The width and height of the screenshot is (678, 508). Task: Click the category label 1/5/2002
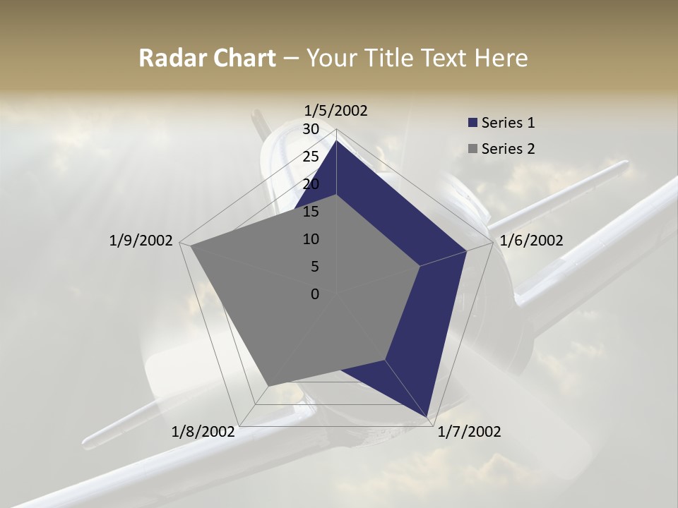click(336, 110)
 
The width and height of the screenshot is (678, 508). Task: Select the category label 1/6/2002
click(531, 241)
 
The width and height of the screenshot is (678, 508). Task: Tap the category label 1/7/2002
click(469, 431)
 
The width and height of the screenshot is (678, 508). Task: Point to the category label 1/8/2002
click(203, 431)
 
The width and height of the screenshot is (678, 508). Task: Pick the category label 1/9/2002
click(141, 241)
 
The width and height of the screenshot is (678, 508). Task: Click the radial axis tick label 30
click(311, 129)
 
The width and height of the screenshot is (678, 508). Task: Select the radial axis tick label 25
click(311, 157)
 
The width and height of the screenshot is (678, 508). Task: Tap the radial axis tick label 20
click(311, 184)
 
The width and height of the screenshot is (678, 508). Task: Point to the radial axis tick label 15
click(311, 212)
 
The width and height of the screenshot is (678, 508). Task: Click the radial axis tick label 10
click(311, 239)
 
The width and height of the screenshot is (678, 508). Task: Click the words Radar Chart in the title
click(206, 58)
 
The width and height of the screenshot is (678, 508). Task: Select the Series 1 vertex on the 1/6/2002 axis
click(466, 250)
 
